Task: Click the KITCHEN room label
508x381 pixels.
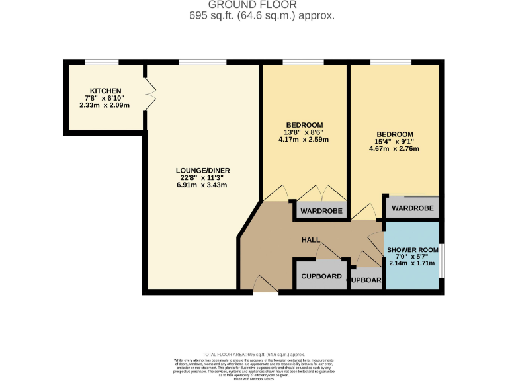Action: [x=106, y=91]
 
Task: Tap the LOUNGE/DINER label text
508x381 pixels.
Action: [x=202, y=170]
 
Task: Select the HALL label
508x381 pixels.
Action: [x=311, y=239]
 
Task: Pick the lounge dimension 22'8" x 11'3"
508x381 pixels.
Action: [x=202, y=177]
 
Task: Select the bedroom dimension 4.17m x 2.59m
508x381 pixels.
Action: [x=304, y=140]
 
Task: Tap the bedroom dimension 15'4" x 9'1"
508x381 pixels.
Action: [x=394, y=141]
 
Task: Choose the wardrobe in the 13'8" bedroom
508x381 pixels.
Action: [x=321, y=211]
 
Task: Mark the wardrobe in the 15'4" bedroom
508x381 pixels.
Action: [x=413, y=207]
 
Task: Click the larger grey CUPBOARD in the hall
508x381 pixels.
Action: [x=321, y=276]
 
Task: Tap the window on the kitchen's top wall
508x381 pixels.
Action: [x=102, y=63]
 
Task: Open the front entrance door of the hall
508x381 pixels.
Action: [x=265, y=286]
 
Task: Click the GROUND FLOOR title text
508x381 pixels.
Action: [x=253, y=5]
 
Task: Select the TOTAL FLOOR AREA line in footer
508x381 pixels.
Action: [x=253, y=355]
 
